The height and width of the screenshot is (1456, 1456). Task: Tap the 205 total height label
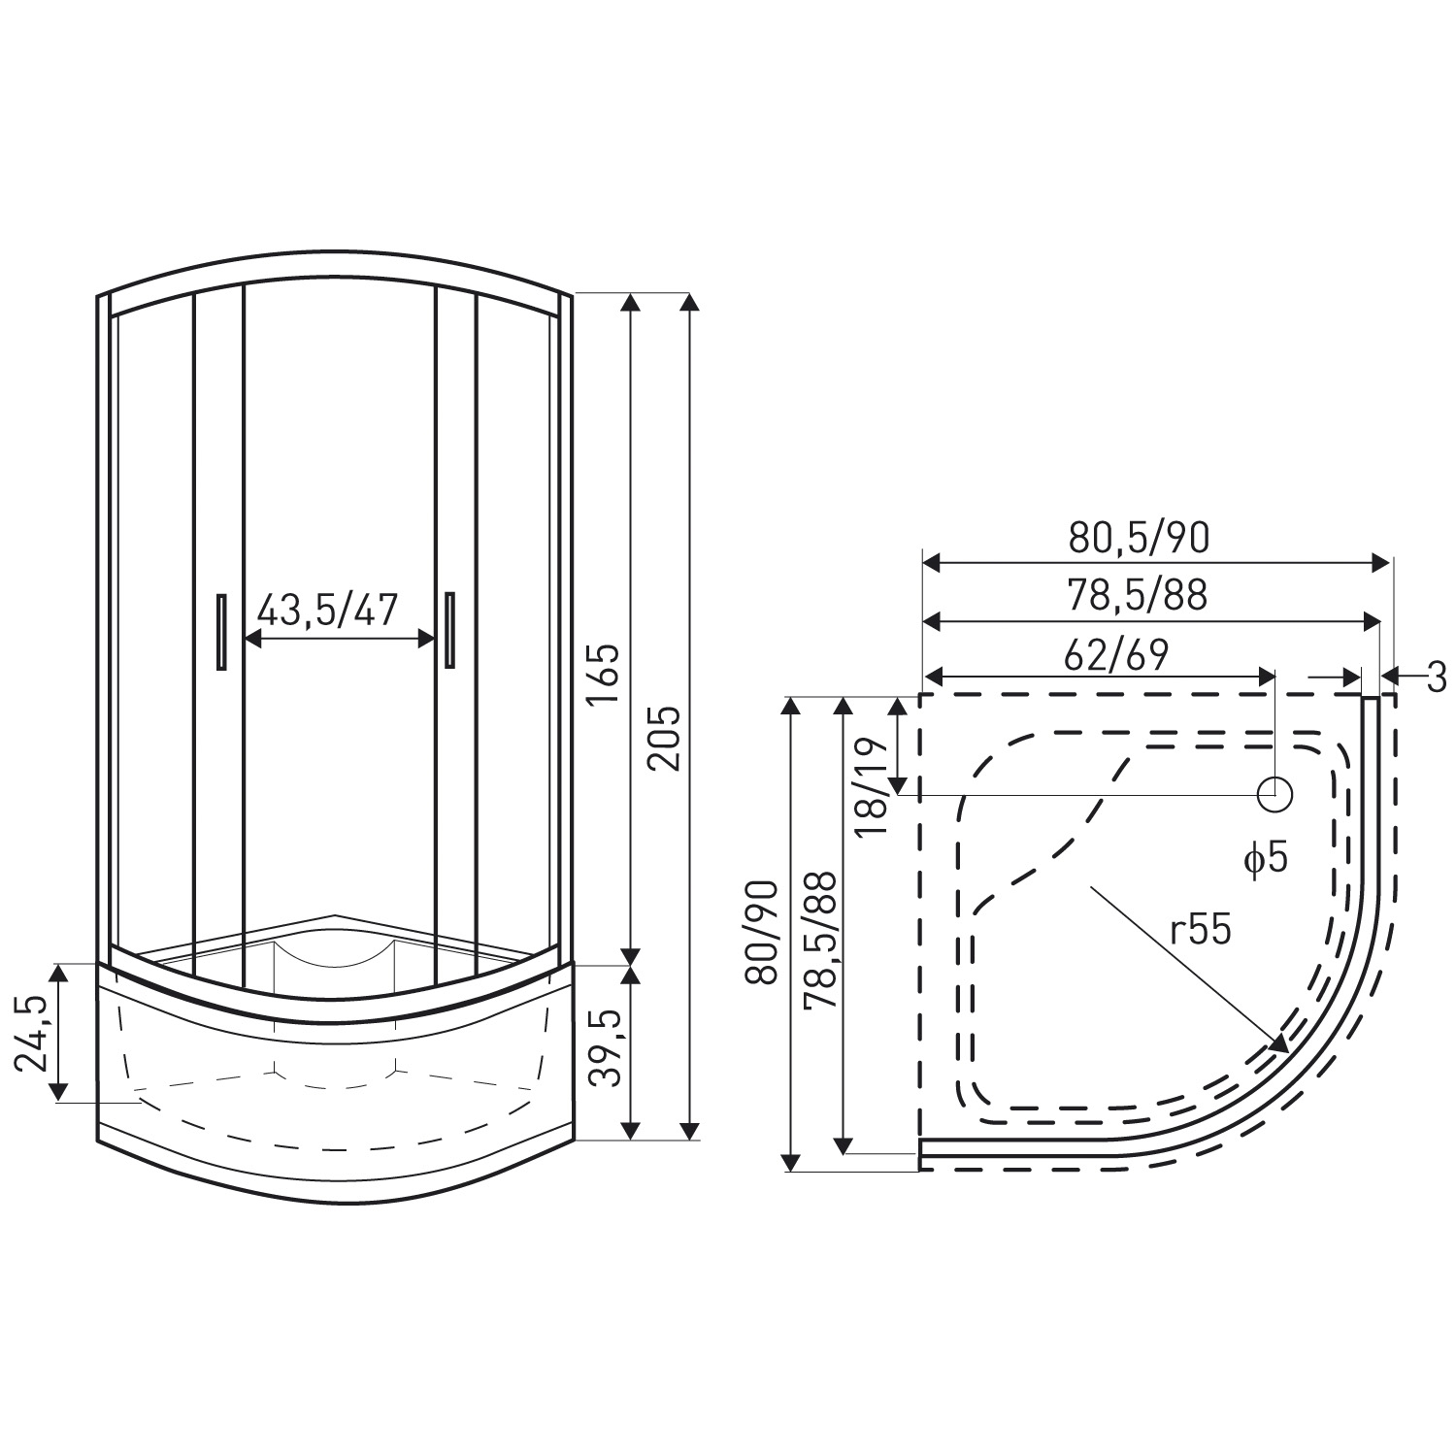click(x=665, y=738)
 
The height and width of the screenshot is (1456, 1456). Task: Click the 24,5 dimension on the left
click(x=32, y=1033)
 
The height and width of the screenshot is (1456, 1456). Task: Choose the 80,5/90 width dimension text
click(x=1139, y=536)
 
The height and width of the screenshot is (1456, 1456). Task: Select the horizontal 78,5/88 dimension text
click(x=1138, y=594)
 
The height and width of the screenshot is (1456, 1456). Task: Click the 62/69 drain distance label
click(x=1115, y=654)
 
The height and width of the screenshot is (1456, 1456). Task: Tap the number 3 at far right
click(x=1437, y=676)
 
